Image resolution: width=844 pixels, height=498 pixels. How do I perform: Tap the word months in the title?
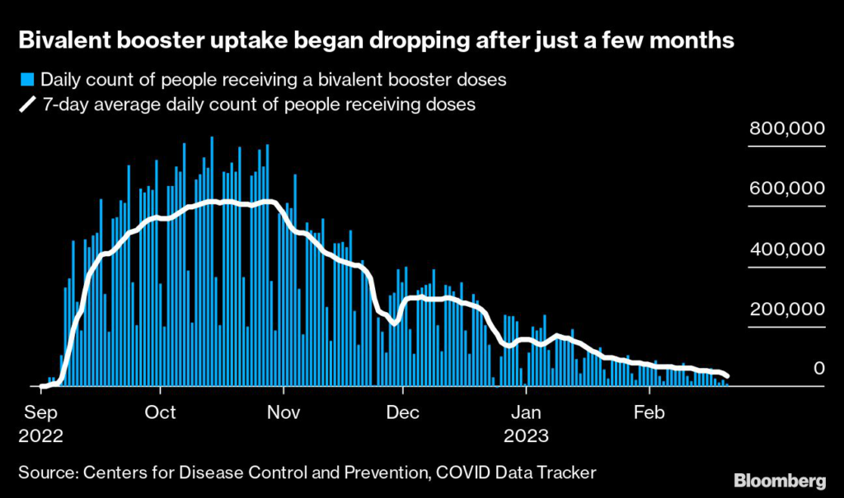[x=690, y=40]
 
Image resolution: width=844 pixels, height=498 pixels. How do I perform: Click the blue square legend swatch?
[x=26, y=80]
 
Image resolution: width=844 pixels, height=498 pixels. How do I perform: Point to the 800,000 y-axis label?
[x=786, y=128]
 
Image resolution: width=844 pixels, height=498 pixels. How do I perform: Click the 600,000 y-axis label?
[x=786, y=188]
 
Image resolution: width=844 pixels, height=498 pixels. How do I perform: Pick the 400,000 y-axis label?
[x=786, y=249]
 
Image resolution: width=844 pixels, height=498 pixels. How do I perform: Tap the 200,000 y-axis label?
[x=786, y=310]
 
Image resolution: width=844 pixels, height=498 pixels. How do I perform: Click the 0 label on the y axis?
[x=819, y=369]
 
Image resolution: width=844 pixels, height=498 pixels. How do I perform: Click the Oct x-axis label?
[x=160, y=412]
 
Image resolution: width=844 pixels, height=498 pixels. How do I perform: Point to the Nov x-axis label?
[x=282, y=412]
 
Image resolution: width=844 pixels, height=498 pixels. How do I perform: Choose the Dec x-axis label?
[x=404, y=412]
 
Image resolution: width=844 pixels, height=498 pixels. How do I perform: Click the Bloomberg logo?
[x=779, y=479]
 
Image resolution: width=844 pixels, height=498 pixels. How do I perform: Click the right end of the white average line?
[x=727, y=377]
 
